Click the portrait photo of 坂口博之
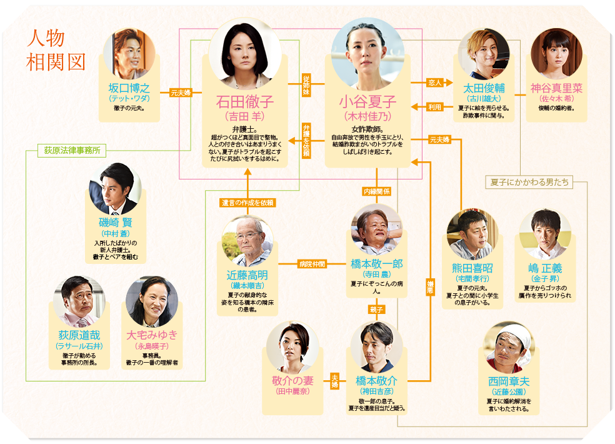point(129,54)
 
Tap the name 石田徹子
point(244,101)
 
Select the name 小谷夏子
point(367,101)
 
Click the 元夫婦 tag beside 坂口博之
point(181,93)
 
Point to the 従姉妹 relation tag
point(306,84)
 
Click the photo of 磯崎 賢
point(115,189)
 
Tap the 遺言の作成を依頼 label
point(248,202)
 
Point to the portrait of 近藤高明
point(248,241)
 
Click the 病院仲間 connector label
point(312,264)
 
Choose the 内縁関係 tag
point(377,191)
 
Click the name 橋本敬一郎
point(376,264)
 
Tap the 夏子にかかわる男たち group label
point(529,182)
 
